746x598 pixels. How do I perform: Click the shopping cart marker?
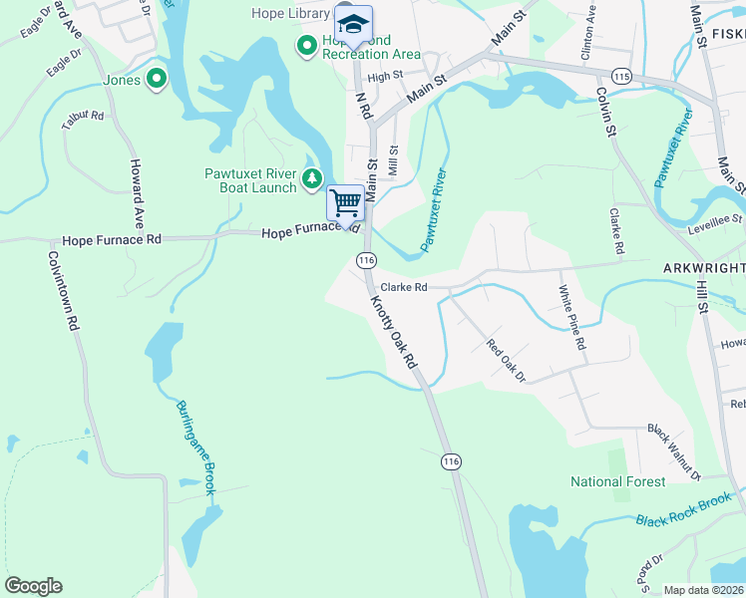tap(346, 202)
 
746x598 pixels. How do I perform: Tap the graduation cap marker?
tap(352, 24)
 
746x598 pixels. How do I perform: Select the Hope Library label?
tap(290, 14)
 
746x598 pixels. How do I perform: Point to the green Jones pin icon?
tap(156, 78)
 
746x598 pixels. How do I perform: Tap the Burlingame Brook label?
tap(195, 448)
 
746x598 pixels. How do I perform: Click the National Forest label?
tap(617, 481)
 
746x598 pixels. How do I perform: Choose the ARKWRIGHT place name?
tap(703, 268)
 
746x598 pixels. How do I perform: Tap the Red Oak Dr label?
tap(506, 361)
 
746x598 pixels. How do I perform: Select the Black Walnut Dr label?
tap(675, 449)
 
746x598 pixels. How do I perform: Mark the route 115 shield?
tap(623, 77)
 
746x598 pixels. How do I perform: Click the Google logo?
tap(34, 586)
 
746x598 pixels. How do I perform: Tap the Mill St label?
tap(394, 162)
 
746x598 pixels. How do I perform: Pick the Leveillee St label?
tap(716, 222)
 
